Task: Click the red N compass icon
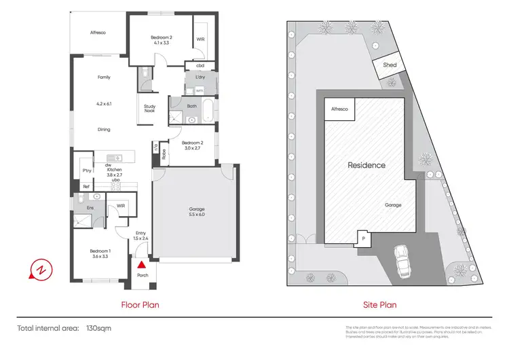(x=40, y=270)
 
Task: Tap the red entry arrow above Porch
(x=141, y=266)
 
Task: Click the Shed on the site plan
(x=390, y=65)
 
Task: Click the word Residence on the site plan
(x=366, y=165)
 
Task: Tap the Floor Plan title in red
(x=140, y=305)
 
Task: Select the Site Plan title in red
(x=379, y=305)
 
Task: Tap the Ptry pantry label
(x=86, y=170)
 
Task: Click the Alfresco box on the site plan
(x=338, y=109)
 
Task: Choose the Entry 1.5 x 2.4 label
(x=141, y=236)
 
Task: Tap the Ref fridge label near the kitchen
(x=86, y=187)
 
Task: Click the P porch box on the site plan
(x=363, y=238)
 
